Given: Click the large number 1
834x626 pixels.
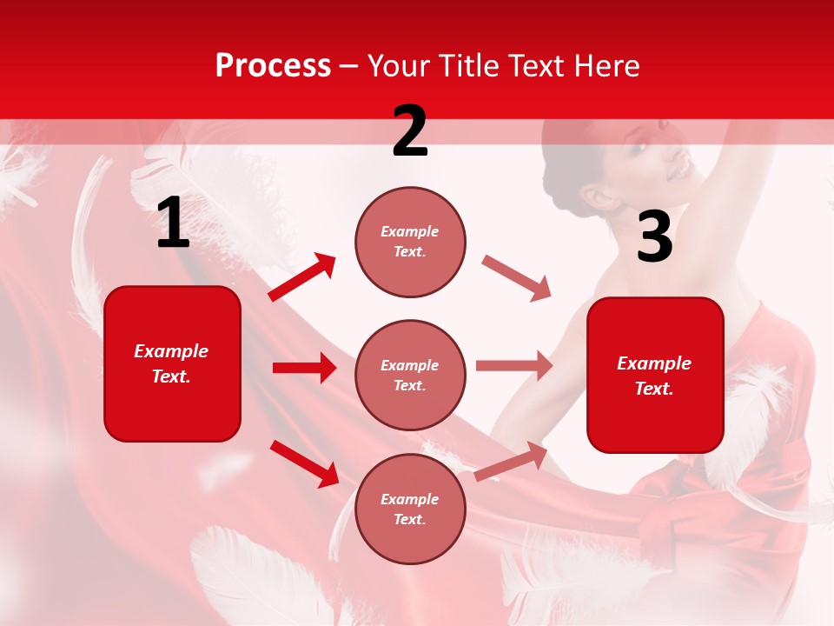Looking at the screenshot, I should (x=173, y=224).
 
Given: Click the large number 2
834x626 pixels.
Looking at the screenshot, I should (x=410, y=131).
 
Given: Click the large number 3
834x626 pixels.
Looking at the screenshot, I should (x=654, y=237).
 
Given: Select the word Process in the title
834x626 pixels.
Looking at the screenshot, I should (x=273, y=66).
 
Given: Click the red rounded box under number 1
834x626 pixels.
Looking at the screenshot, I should (x=172, y=363).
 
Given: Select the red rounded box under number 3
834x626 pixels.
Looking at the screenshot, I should (x=655, y=375).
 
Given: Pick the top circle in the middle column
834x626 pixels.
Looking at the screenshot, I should (x=410, y=242).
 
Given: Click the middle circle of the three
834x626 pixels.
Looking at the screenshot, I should (x=410, y=375).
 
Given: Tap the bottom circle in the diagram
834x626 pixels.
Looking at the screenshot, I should (x=410, y=509).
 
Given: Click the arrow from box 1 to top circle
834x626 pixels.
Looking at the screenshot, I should (x=302, y=277).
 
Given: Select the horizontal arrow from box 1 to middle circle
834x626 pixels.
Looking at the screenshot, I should (x=304, y=368).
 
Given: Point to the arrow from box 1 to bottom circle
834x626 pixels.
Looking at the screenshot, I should (x=304, y=463).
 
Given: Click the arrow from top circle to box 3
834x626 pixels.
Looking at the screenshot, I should (x=516, y=278).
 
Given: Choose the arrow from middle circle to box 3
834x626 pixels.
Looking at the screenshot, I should (x=514, y=366).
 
